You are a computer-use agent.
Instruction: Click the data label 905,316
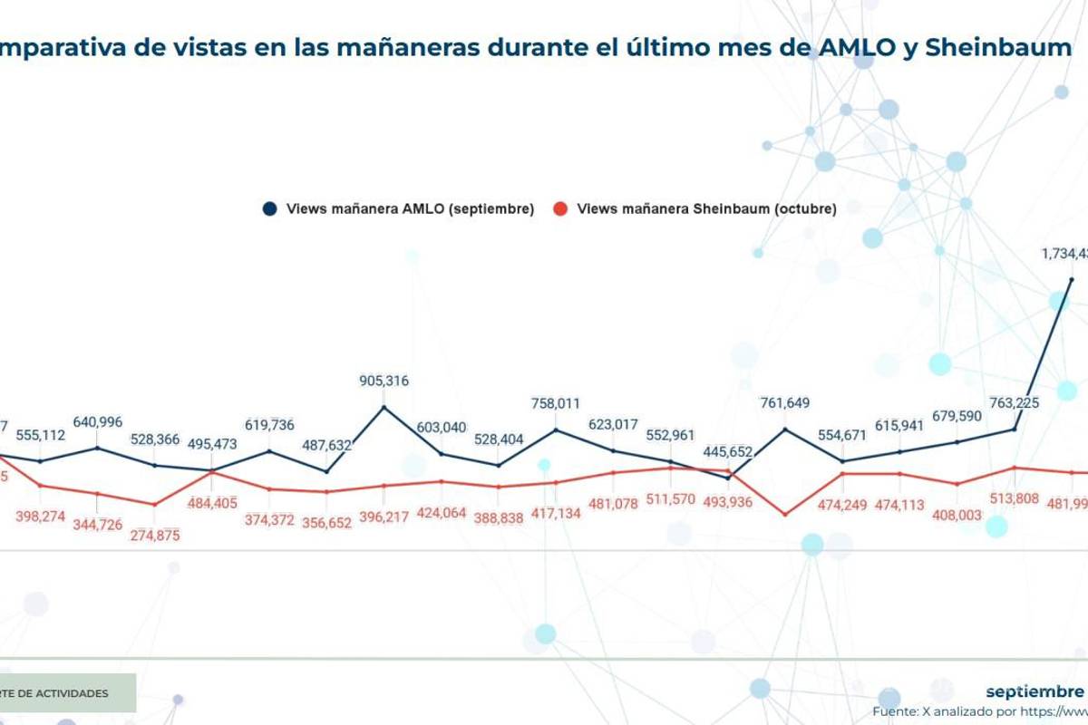384,382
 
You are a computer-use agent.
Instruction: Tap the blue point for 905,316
384,406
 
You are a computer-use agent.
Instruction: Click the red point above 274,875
154,505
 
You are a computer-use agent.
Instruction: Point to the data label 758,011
556,404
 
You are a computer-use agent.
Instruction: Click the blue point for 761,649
785,429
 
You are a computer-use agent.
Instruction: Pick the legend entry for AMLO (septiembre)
410,208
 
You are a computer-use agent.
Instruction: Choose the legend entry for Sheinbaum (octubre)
706,208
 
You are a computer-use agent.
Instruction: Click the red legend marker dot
560,208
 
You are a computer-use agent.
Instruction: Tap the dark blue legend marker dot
269,208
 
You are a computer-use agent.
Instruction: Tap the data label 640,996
97,422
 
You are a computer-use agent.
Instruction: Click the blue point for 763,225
1015,430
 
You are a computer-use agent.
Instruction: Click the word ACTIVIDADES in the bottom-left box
68,693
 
